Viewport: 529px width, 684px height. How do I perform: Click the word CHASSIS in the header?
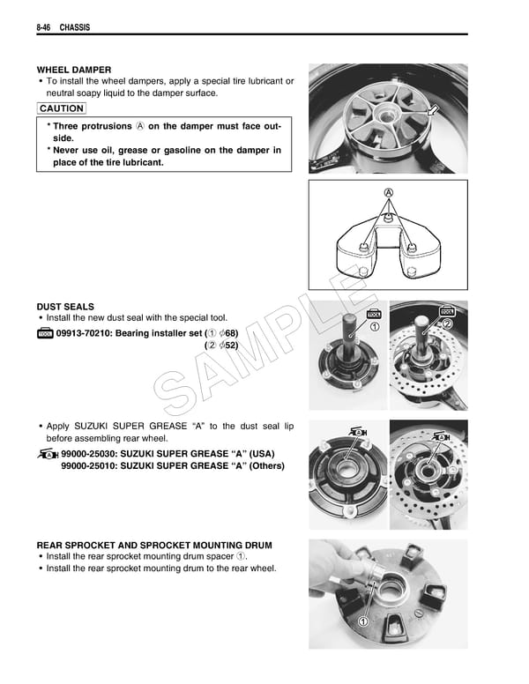(x=76, y=28)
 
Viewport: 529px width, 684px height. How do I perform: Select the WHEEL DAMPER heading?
(x=74, y=70)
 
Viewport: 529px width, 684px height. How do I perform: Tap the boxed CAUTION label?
(x=62, y=108)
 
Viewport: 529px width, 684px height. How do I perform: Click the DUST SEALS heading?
(x=65, y=306)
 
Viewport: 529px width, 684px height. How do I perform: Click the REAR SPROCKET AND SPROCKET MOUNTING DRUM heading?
(x=154, y=545)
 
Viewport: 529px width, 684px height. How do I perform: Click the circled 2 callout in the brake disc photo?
(x=447, y=323)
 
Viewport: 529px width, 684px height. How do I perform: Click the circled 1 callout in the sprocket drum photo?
(x=362, y=622)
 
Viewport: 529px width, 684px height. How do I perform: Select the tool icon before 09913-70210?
(x=45, y=333)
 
